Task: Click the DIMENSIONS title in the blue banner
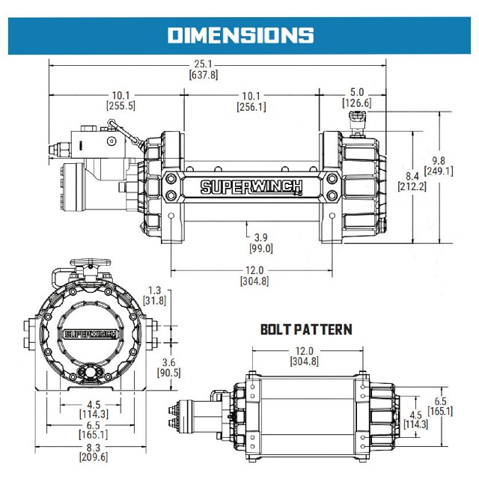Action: (239, 34)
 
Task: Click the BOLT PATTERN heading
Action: (305, 329)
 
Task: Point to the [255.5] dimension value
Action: (121, 106)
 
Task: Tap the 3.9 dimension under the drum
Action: (261, 238)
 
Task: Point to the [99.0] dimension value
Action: (261, 248)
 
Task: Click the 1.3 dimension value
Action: (155, 290)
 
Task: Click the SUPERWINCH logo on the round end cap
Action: (88, 335)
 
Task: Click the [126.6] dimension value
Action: (356, 103)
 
